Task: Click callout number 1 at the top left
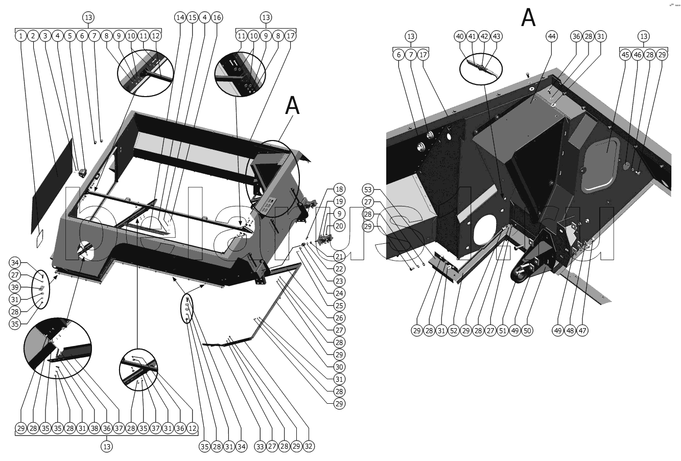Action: pyautogui.click(x=20, y=36)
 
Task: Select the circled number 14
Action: pyautogui.click(x=180, y=17)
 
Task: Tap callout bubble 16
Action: pyautogui.click(x=217, y=17)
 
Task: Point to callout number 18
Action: pyautogui.click(x=340, y=189)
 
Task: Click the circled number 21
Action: pyautogui.click(x=340, y=256)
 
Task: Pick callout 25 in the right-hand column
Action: pyautogui.click(x=340, y=305)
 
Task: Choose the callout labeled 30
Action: pyautogui.click(x=340, y=366)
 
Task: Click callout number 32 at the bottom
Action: pyautogui.click(x=309, y=446)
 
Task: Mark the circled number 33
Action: pyautogui.click(x=260, y=446)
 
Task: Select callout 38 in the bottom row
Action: pyautogui.click(x=94, y=428)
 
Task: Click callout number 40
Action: pyautogui.click(x=460, y=36)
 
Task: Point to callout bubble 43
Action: pyautogui.click(x=497, y=36)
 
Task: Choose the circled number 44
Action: pyautogui.click(x=552, y=36)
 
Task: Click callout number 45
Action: pyautogui.click(x=625, y=54)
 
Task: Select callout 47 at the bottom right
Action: pyautogui.click(x=583, y=330)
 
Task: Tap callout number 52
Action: pyautogui.click(x=454, y=330)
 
